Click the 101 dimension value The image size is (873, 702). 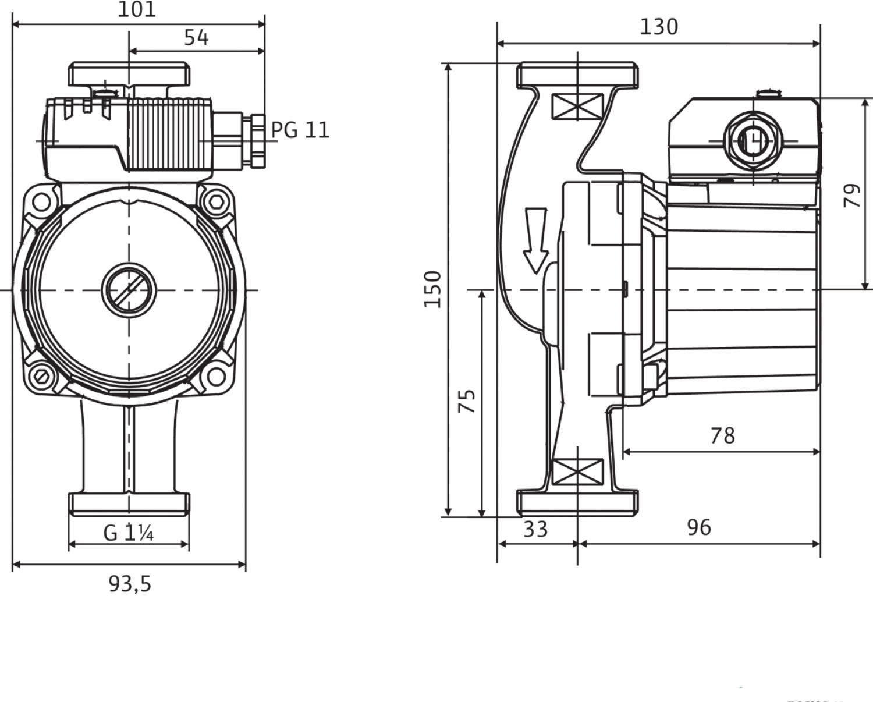137,9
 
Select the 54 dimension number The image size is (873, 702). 196,38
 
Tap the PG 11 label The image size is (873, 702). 300,130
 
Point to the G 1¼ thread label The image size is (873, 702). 128,533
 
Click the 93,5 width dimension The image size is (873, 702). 130,585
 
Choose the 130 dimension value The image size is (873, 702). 659,27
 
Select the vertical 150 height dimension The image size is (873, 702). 432,289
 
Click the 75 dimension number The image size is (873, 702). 467,401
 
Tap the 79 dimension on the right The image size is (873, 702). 852,196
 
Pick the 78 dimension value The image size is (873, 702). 722,436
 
